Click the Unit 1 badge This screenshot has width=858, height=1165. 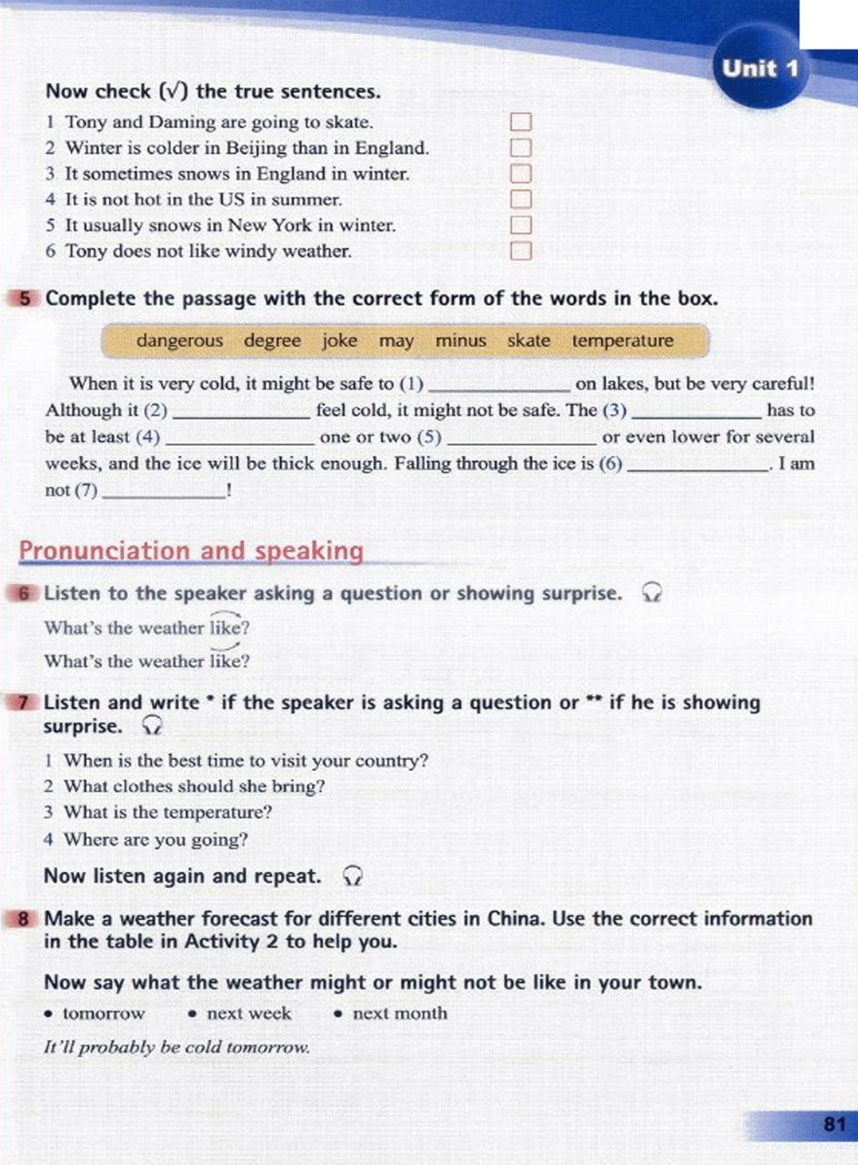pyautogui.click(x=760, y=69)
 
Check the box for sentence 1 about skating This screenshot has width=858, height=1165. pyautogui.click(x=520, y=122)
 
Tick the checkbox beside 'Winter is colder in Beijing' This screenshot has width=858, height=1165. pyautogui.click(x=520, y=148)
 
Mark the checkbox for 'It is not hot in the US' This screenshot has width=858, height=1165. pyautogui.click(x=520, y=199)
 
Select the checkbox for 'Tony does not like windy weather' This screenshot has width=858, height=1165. pyautogui.click(x=520, y=251)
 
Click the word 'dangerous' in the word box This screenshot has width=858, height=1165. pyautogui.click(x=179, y=341)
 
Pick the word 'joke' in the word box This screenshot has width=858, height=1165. pyautogui.click(x=339, y=341)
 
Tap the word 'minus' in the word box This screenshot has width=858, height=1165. pyautogui.click(x=460, y=341)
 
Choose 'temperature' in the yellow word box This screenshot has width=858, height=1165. pyautogui.click(x=623, y=341)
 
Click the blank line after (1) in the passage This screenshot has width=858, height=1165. pyautogui.click(x=499, y=388)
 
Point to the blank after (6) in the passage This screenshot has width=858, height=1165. pyautogui.click(x=697, y=468)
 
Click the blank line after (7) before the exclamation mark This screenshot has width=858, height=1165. pyautogui.click(x=163, y=494)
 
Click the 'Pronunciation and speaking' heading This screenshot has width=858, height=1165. pyautogui.click(x=191, y=551)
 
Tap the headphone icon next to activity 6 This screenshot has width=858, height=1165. pyautogui.click(x=651, y=593)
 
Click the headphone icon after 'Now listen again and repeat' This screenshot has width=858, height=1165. pyautogui.click(x=353, y=877)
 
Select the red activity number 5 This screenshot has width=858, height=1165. pyautogui.click(x=25, y=298)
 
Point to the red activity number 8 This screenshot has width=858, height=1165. pyautogui.click(x=23, y=919)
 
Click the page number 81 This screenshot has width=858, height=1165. pyautogui.click(x=834, y=1124)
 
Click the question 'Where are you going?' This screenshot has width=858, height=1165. pyautogui.click(x=156, y=839)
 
